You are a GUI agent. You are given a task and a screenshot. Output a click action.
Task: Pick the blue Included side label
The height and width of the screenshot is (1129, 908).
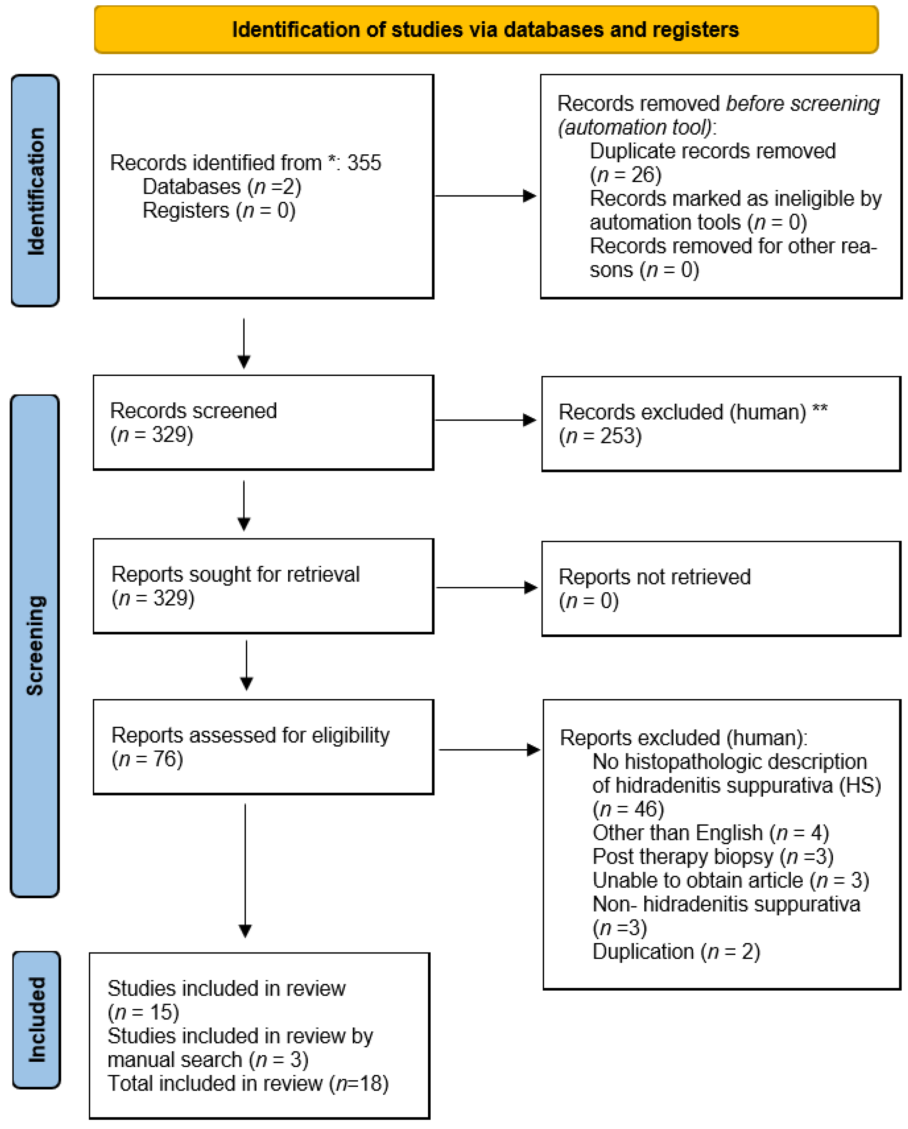pos(36,1019)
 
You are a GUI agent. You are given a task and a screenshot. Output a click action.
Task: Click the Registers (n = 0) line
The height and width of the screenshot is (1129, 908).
pos(219,211)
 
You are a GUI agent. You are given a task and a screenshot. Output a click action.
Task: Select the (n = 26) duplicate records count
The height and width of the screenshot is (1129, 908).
pos(626,175)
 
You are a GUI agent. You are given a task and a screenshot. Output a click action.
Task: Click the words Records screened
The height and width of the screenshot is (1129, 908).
pos(193,411)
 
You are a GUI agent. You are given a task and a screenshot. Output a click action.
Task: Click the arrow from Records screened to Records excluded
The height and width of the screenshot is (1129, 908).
pos(485,420)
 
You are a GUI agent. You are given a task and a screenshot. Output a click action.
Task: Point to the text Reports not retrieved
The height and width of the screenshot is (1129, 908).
pos(654,577)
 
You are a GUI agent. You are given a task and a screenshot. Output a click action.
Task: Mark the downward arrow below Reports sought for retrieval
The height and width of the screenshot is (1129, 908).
pos(246,665)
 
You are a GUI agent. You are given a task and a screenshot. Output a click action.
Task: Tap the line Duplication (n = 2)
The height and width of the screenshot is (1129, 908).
pos(676,951)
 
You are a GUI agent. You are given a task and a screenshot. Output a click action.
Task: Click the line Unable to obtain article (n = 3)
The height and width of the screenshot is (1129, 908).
pos(730,881)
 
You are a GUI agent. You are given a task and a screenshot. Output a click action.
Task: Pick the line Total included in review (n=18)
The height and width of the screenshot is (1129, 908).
pos(248,1083)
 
